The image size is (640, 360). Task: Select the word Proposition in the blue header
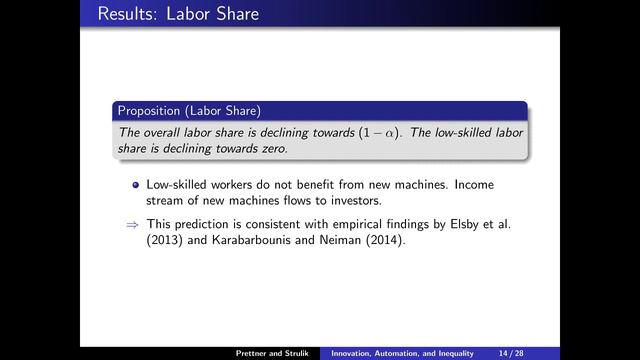150,110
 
